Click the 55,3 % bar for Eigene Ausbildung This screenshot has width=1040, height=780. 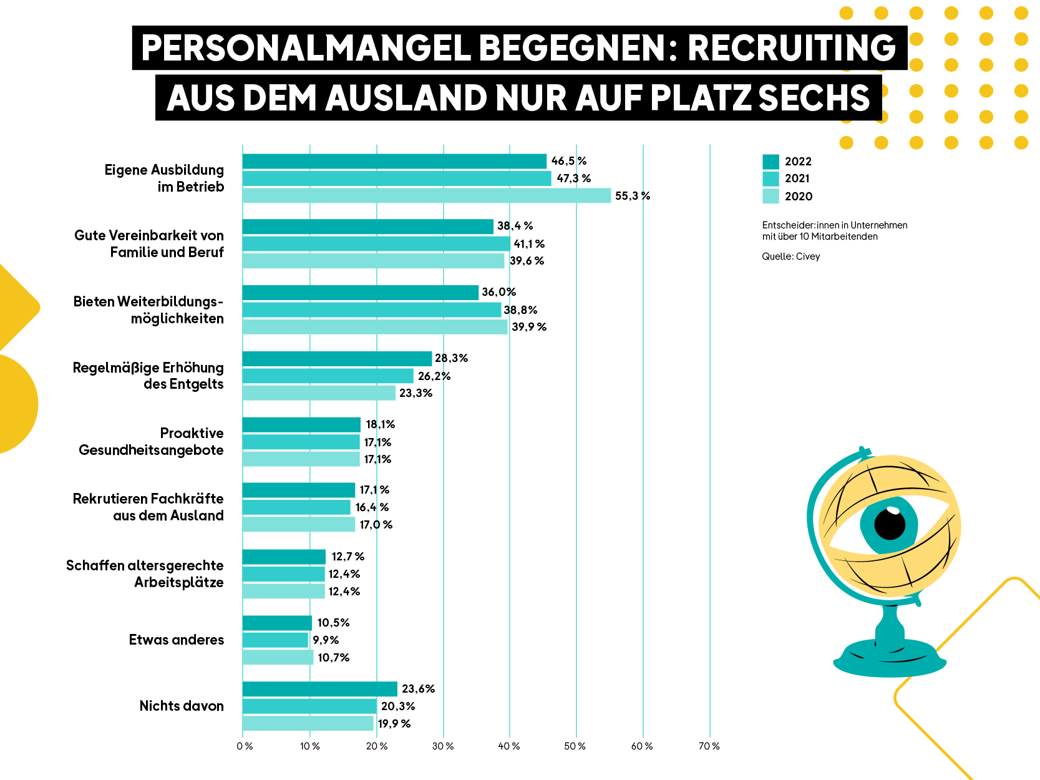426,195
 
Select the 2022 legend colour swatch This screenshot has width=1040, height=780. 770,162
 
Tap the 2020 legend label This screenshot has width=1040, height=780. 798,197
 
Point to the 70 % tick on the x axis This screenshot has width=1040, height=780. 709,746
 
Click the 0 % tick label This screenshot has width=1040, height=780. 245,746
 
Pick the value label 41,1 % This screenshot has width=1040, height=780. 529,244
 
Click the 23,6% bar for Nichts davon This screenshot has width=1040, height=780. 319,689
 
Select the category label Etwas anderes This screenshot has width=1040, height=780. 176,640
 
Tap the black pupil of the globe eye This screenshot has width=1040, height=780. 890,524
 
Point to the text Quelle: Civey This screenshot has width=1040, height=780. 790,256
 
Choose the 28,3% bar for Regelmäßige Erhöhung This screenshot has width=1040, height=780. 337,359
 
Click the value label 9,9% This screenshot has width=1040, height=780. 326,640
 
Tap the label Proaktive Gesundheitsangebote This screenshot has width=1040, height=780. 151,442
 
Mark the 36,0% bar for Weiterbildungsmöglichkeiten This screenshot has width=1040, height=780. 360,293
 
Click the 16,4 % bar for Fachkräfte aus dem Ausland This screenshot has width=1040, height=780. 296,507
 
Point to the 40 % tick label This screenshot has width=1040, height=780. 509,746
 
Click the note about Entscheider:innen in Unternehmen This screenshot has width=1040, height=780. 834,231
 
